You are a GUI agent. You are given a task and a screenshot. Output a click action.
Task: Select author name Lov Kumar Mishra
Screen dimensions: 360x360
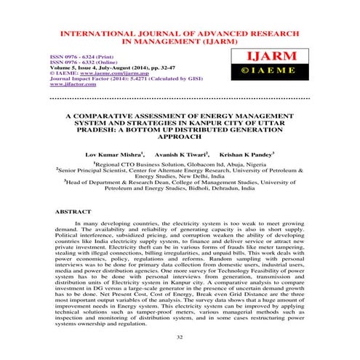(111, 155)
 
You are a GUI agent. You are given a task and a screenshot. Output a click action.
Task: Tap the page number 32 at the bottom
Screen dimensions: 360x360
(180, 338)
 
